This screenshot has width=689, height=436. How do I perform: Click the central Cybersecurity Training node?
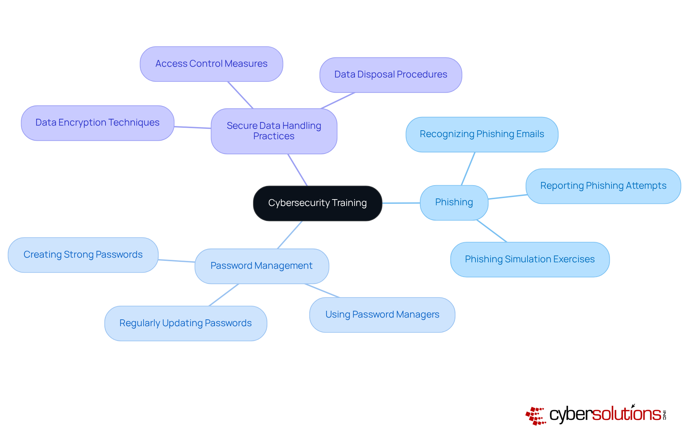tap(317, 203)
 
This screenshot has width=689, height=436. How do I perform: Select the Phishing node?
tap(454, 202)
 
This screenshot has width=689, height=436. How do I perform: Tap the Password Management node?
tap(262, 266)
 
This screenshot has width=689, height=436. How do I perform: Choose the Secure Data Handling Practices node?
tap(274, 131)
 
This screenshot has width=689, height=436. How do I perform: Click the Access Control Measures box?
tap(211, 64)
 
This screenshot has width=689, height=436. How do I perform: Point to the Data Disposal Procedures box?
tap(390, 75)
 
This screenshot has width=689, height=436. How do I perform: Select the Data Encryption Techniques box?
tap(97, 123)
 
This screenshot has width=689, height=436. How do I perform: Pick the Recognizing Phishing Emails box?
tap(482, 134)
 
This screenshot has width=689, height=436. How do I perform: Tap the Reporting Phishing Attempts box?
tap(603, 186)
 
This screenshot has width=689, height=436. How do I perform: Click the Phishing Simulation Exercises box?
tap(530, 259)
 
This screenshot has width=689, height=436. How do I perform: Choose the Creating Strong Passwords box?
tap(83, 255)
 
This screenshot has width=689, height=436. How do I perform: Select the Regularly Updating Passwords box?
tap(186, 323)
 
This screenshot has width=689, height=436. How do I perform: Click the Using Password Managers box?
tap(382, 315)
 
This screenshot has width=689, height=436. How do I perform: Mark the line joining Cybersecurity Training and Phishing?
tap(401, 203)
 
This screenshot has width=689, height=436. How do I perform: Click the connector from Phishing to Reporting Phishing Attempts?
tap(507, 197)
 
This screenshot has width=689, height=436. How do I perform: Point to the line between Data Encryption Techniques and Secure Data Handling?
tap(193, 127)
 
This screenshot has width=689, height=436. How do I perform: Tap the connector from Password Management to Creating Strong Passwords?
tap(177, 261)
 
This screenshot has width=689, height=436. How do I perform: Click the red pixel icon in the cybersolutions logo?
tap(535, 416)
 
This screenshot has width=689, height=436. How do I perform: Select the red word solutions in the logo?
tap(626, 414)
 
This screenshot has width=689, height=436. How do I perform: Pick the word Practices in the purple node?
tap(274, 136)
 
